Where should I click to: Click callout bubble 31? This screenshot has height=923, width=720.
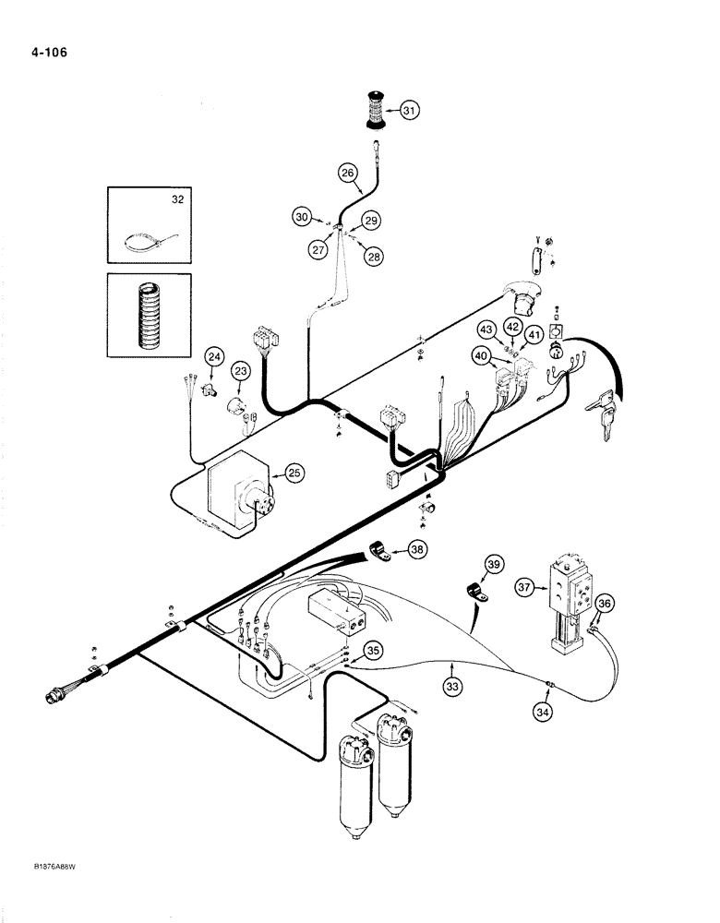409,111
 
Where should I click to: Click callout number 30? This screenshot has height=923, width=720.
301,218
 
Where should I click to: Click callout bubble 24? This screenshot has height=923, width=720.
214,356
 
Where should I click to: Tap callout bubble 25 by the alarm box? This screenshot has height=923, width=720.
294,473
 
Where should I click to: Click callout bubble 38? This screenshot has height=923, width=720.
418,549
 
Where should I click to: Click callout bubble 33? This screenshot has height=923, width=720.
451,687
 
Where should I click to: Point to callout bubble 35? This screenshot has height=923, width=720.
373,651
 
